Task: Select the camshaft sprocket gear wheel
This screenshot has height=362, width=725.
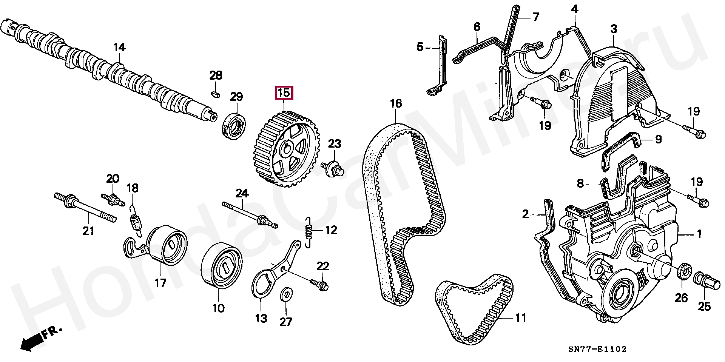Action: pos(287,151)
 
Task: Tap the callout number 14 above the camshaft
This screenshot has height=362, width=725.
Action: pos(119,48)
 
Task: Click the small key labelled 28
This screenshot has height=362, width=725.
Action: pos(215,94)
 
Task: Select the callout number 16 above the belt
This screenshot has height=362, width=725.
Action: pos(396,103)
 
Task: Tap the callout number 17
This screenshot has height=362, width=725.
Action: pos(160,283)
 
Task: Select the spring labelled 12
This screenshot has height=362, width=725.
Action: pos(309,233)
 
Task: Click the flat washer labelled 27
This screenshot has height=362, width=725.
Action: pos(286,294)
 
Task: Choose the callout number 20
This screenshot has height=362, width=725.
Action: pos(113,179)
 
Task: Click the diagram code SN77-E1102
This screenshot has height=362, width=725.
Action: pos(597,349)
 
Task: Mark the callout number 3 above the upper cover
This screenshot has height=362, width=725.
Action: pos(614,29)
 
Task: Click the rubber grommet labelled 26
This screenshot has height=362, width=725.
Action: pos(683,273)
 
